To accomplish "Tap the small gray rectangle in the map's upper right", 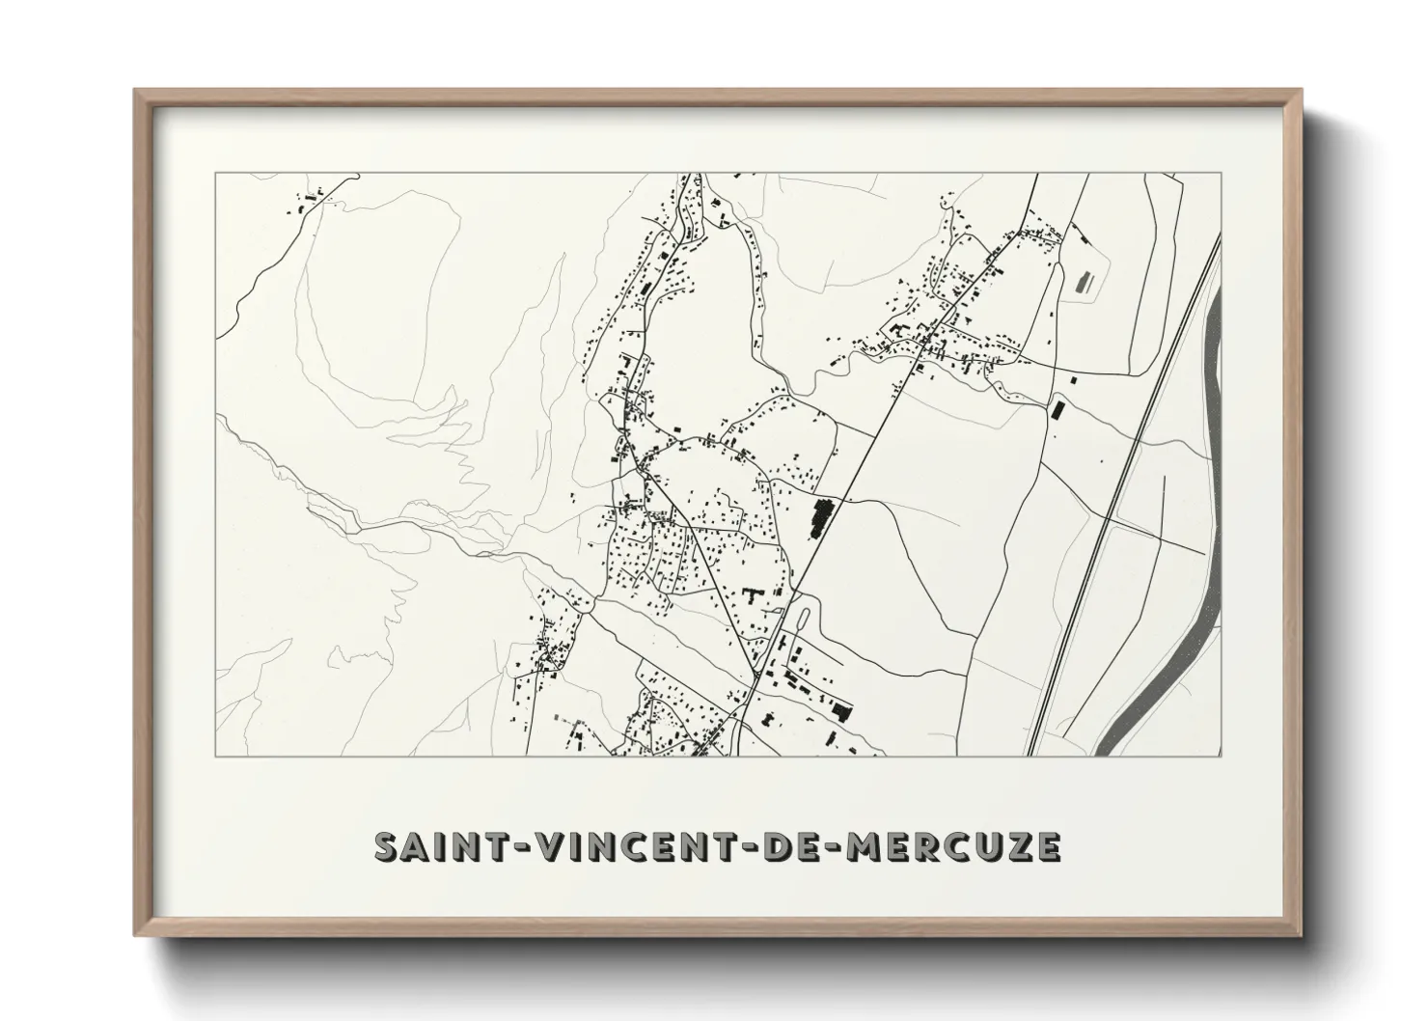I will (x=1083, y=282).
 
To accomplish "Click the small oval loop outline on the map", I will (x=804, y=619).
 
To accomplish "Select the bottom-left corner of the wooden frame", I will (x=136, y=935).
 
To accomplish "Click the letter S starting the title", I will (x=385, y=846).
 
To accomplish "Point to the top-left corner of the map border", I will (x=215, y=174).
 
